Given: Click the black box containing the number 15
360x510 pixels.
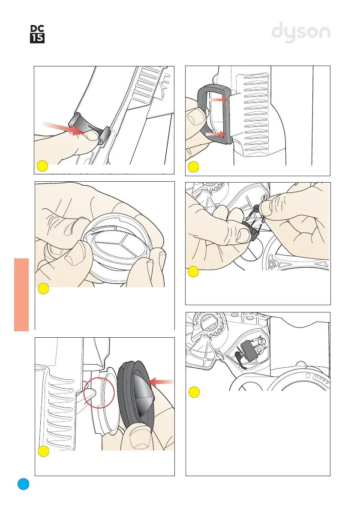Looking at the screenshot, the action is (x=37, y=39).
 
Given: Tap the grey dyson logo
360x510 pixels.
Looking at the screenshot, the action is (x=301, y=32).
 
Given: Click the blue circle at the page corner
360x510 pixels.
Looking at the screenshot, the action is (x=24, y=484).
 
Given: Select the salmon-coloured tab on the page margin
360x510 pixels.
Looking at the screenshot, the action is (x=21, y=295).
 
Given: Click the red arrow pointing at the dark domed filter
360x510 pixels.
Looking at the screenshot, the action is (x=161, y=382).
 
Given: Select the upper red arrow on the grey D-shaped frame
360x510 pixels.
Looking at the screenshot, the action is (x=218, y=100).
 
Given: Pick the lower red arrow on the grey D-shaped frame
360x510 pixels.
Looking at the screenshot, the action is (x=216, y=134).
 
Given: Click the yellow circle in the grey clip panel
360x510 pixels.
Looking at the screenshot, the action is (x=42, y=166).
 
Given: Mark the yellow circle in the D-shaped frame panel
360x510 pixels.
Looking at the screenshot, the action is (x=193, y=167).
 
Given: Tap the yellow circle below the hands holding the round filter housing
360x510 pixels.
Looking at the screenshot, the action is (x=44, y=289).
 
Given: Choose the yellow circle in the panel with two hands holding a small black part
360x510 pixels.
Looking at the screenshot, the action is (x=193, y=272).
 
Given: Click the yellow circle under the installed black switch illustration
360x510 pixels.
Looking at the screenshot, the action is (x=194, y=392).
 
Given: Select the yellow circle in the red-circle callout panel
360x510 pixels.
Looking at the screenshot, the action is (x=44, y=451).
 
